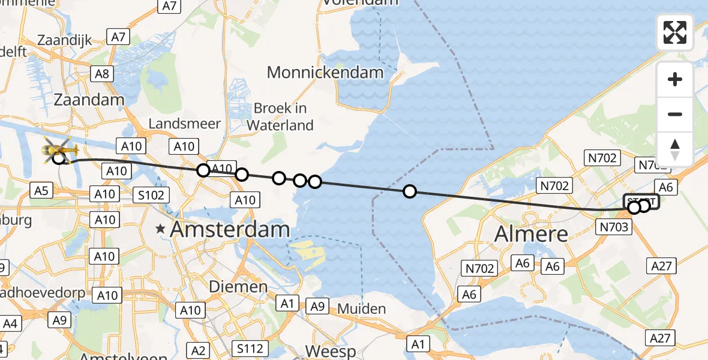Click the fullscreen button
pos(675,32)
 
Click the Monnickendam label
pos(325,73)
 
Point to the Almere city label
pos(531,233)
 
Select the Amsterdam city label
pos(230,229)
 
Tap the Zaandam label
pos(89,100)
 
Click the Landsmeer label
pos(184,124)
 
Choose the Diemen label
pos(238,287)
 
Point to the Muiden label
pos(361,309)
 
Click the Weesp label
pos(330,350)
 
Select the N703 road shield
pos(613,226)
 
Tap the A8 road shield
pos(101,74)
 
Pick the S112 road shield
pos(248,349)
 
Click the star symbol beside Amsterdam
pos(160,229)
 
